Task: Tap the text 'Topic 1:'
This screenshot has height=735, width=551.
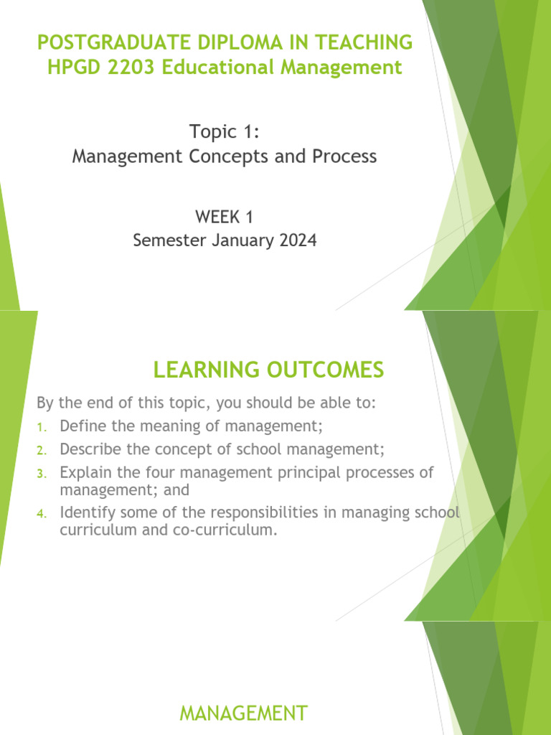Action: [224, 131]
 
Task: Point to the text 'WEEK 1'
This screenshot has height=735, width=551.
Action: [225, 216]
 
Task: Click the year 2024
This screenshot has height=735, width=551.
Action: [296, 240]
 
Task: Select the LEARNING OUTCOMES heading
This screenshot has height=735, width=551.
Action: [268, 370]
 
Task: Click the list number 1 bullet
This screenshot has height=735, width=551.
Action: [41, 427]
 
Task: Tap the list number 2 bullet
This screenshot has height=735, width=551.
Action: [41, 450]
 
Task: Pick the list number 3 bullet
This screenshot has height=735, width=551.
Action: [41, 473]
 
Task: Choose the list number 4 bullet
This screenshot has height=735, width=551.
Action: [41, 513]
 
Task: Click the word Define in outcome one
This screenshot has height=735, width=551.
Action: [83, 426]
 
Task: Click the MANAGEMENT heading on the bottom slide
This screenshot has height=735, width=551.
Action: [243, 713]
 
